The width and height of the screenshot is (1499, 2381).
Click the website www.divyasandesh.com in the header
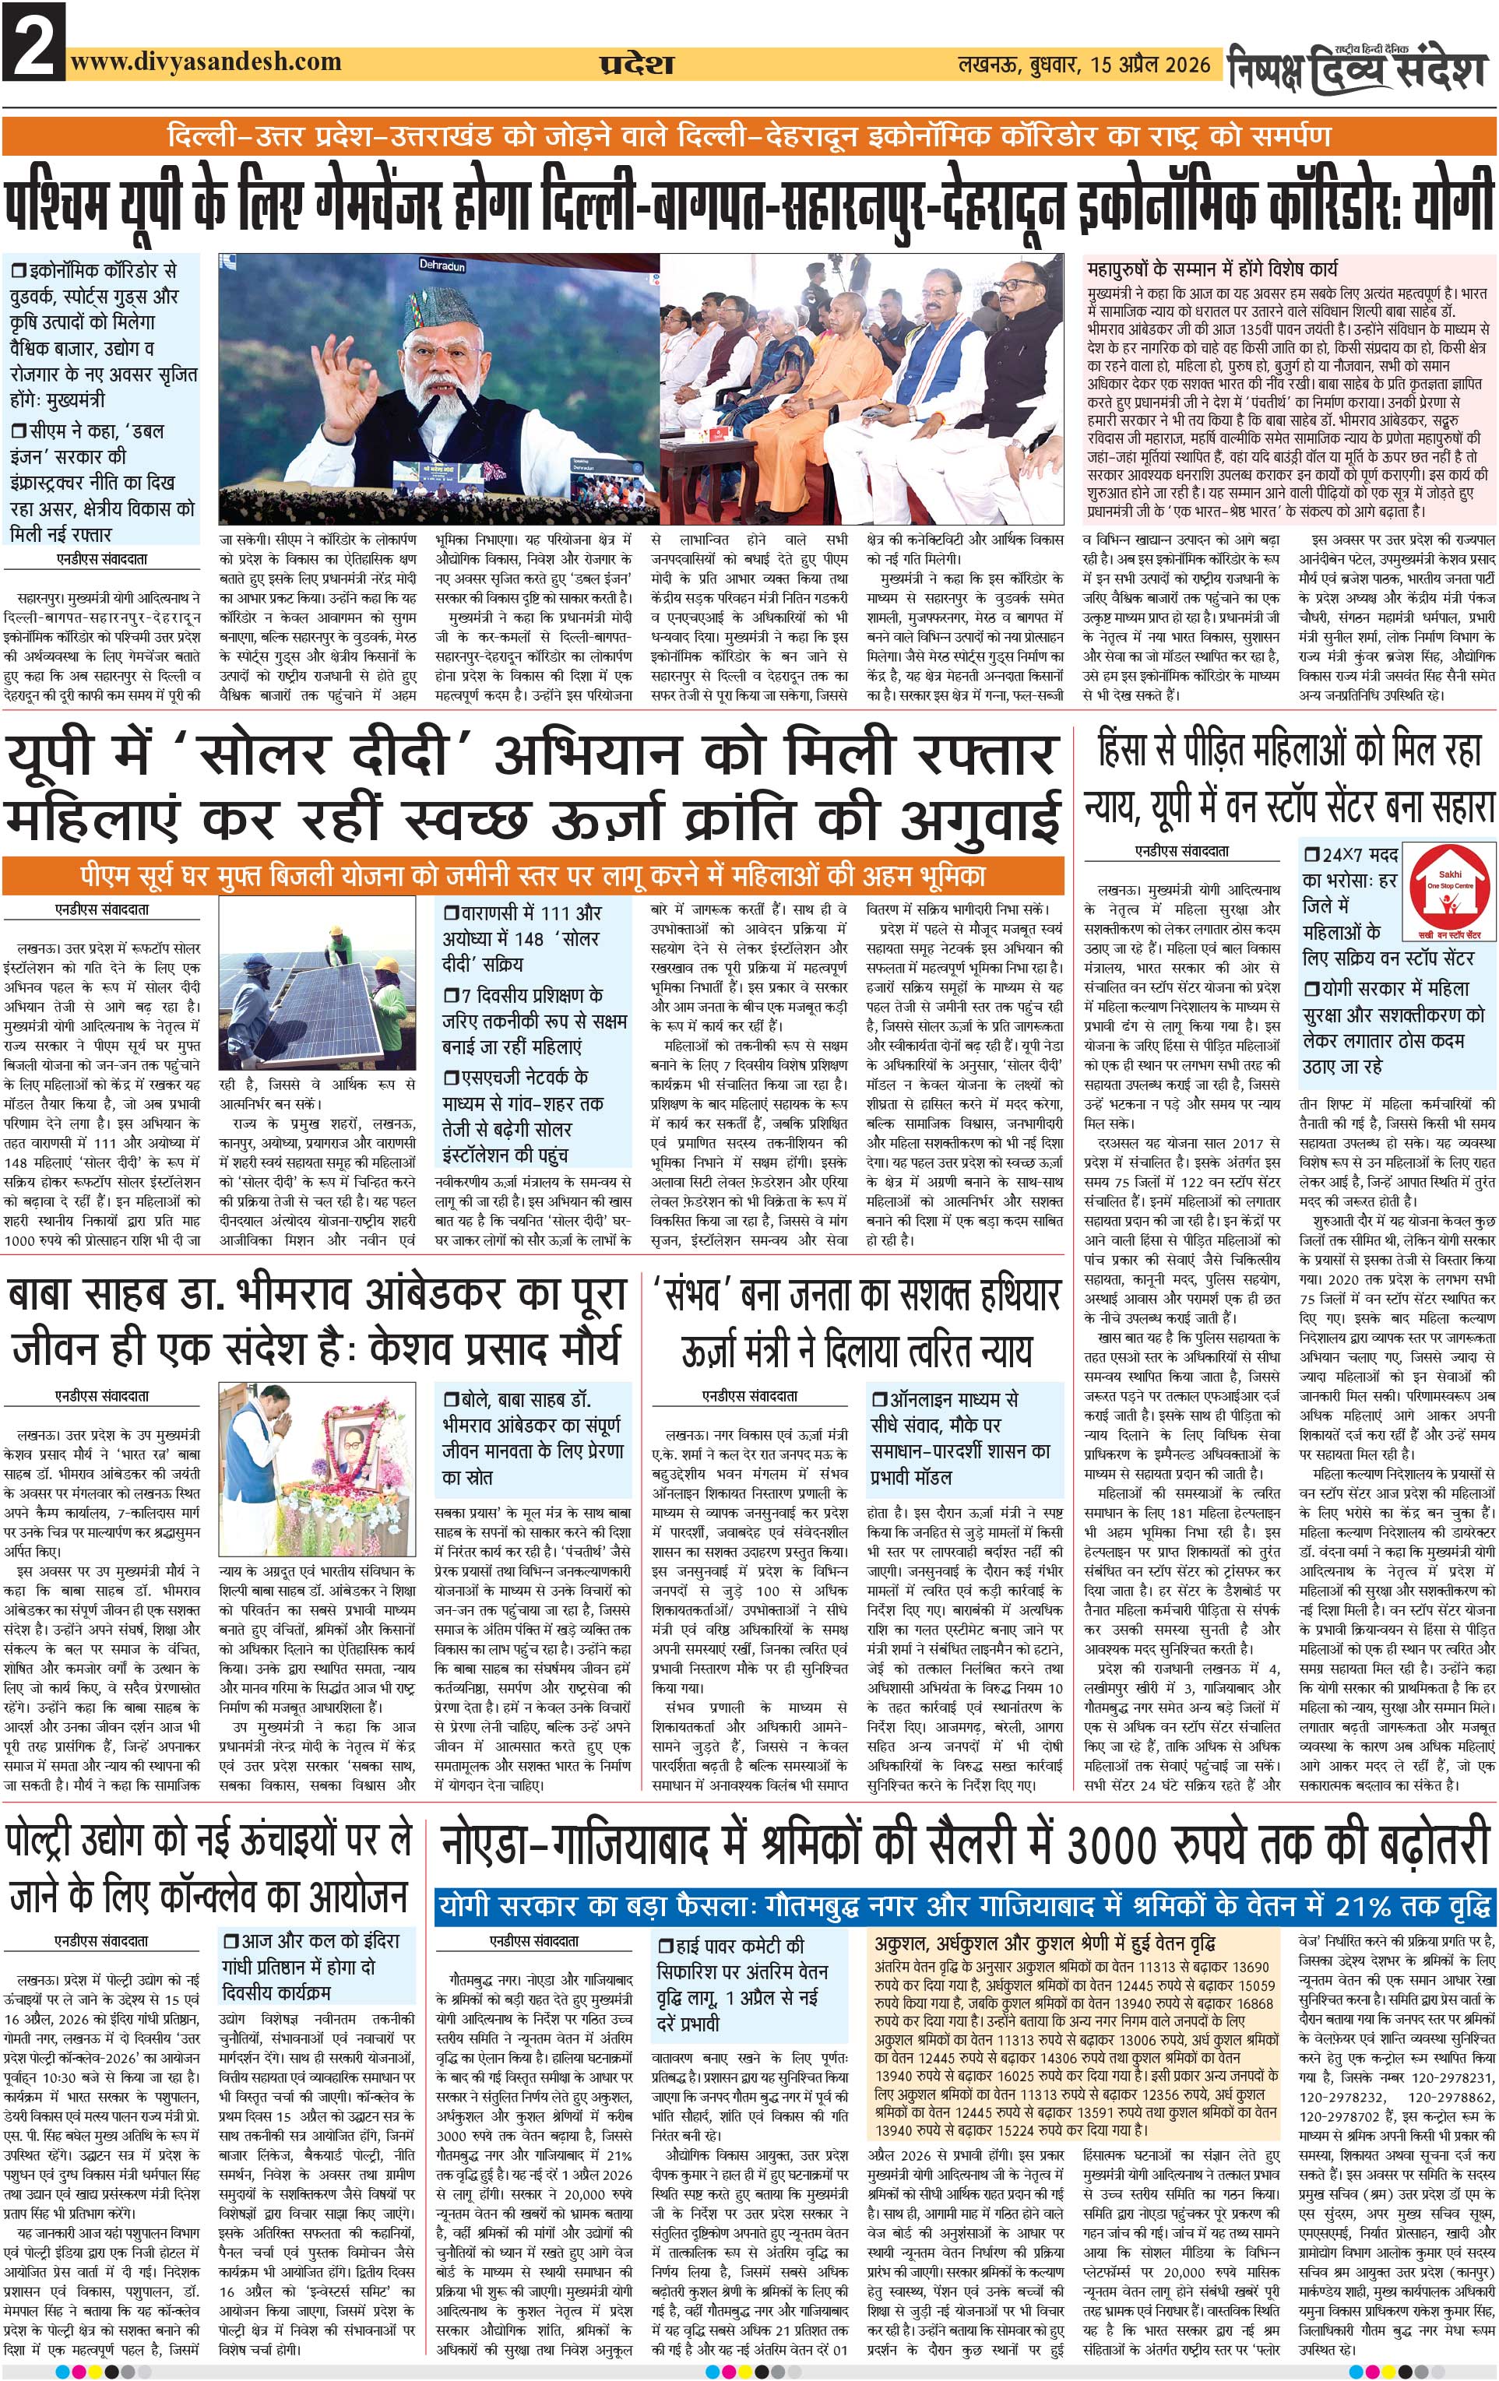[206, 62]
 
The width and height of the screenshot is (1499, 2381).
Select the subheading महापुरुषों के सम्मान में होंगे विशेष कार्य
[1212, 269]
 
